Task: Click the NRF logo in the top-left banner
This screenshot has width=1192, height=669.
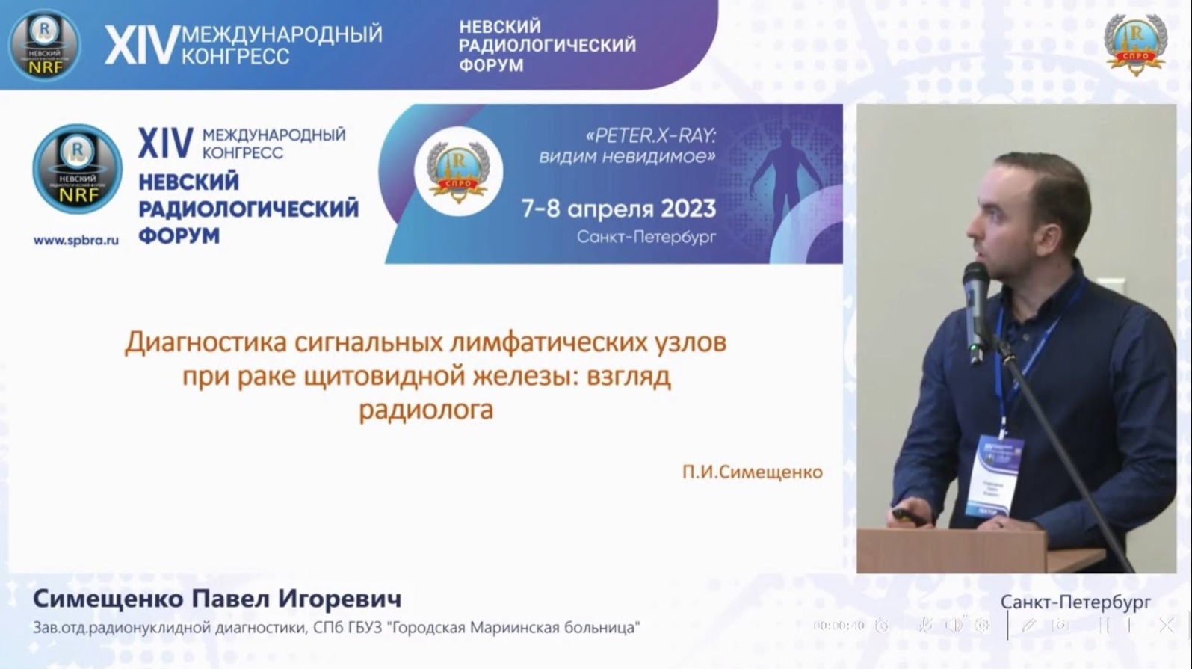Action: point(44,45)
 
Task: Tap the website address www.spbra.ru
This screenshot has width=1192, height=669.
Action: point(75,241)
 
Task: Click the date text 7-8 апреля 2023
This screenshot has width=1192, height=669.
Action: point(618,209)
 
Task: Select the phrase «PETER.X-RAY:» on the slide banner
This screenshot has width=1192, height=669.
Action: point(651,135)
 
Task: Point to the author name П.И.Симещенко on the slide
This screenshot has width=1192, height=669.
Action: point(752,472)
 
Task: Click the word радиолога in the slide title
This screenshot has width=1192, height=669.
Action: point(426,410)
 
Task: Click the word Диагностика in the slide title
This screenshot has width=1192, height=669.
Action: point(206,342)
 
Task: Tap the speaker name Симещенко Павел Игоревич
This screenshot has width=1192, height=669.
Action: point(217,599)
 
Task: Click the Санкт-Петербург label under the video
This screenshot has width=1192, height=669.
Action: point(1075,602)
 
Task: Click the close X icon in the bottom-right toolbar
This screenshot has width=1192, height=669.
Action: point(1166,626)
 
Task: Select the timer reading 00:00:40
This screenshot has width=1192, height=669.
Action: point(839,626)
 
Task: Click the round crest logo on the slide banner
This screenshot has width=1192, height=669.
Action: point(458,172)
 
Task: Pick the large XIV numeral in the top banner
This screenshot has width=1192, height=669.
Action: point(141,45)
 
